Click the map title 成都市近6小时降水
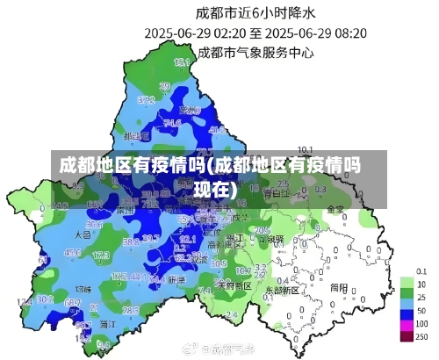(255, 12)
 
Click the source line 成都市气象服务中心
(255, 52)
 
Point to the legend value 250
(421, 336)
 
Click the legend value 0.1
(421, 270)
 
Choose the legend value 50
(421, 310)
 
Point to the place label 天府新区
(234, 285)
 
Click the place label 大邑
(83, 234)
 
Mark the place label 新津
(176, 278)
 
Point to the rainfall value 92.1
(188, 238)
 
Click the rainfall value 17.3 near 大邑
(101, 255)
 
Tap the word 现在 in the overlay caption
(212, 188)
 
